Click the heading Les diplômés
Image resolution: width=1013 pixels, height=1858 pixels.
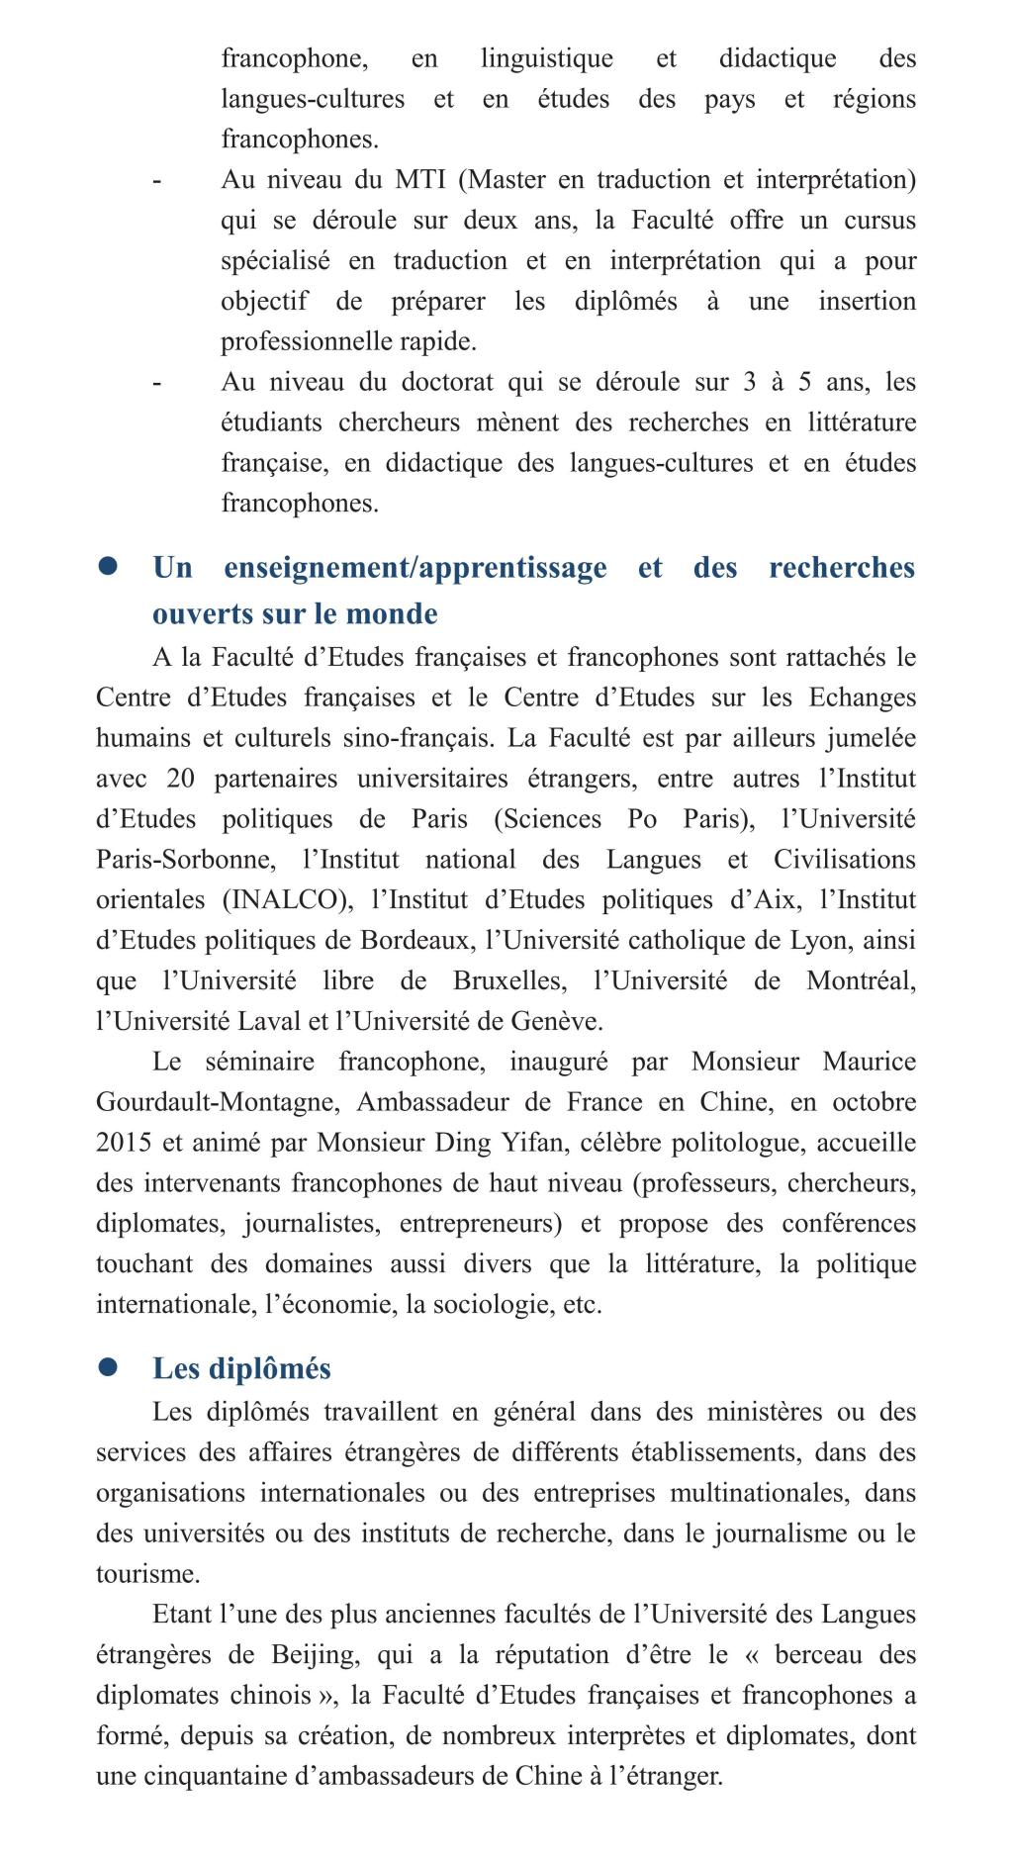click(x=241, y=1368)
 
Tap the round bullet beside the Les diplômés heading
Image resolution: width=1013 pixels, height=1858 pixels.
click(x=108, y=1366)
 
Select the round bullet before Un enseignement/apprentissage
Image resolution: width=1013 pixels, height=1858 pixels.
click(x=108, y=566)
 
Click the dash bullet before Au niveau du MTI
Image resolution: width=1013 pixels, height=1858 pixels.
click(x=157, y=181)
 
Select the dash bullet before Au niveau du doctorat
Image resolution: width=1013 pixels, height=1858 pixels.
click(x=157, y=383)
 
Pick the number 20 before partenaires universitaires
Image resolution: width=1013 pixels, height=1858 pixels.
click(x=181, y=779)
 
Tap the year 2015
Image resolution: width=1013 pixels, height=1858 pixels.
click(x=124, y=1143)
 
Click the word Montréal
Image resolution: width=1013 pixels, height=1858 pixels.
click(x=861, y=981)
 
